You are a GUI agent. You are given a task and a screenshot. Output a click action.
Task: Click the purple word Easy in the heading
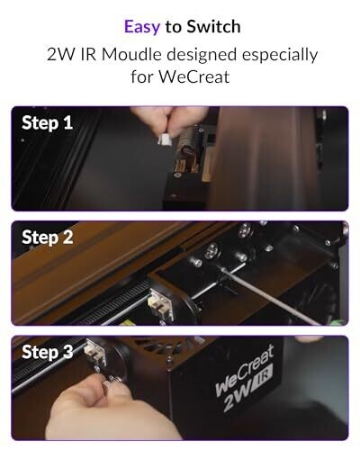click(x=142, y=27)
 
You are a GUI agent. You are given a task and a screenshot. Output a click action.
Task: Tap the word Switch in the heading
click(x=213, y=26)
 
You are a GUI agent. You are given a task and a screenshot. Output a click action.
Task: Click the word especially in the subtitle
click(x=280, y=56)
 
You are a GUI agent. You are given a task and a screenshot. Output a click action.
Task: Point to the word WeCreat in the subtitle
click(x=194, y=76)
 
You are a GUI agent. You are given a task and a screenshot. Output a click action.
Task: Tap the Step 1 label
click(x=47, y=122)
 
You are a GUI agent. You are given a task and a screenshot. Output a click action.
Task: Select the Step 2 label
click(x=47, y=238)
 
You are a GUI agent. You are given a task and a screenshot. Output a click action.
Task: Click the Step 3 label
click(x=47, y=352)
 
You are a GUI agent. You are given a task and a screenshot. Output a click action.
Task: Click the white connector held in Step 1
click(x=165, y=139)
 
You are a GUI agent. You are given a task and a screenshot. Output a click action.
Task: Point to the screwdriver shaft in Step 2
click(x=271, y=295)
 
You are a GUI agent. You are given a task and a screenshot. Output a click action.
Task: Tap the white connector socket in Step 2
click(x=161, y=304)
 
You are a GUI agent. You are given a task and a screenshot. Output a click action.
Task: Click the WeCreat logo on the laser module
click(x=245, y=370)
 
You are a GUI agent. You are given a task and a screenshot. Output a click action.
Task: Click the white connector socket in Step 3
click(x=94, y=354)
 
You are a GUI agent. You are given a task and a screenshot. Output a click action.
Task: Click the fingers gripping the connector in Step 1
click(x=168, y=119)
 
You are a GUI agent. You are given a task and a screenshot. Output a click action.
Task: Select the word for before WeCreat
click(x=142, y=76)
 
